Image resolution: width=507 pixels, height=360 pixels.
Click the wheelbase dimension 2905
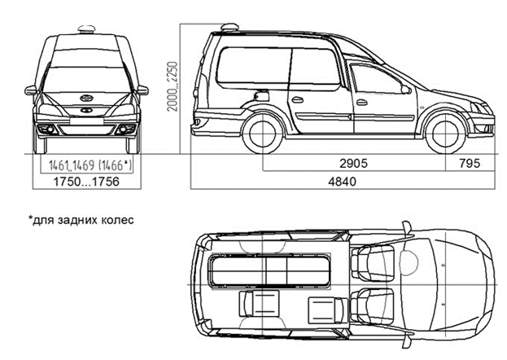pos(353,163)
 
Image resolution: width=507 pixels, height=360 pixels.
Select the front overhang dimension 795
pos(470,163)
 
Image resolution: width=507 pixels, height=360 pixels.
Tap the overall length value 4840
pos(342,182)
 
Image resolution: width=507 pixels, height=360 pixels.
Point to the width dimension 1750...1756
pos(86,182)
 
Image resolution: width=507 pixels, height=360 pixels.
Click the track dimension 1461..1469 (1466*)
pos(90,165)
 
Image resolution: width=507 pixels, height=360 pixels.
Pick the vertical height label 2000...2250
pos(173,86)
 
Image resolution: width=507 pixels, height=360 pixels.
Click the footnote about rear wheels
pos(81,220)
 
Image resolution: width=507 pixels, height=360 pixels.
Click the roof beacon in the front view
pos(86,29)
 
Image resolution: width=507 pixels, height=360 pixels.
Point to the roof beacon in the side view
pos(229,28)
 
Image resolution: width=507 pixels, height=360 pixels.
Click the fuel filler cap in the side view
pos(261,96)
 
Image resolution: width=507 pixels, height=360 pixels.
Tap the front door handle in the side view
pos(362,103)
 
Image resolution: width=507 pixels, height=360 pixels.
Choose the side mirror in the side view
pos(406,89)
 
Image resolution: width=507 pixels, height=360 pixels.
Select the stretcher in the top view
pos(271,270)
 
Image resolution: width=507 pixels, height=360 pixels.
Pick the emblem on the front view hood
pos(86,98)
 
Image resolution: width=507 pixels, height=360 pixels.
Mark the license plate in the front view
pos(86,121)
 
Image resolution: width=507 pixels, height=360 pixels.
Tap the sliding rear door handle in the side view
pos(298,99)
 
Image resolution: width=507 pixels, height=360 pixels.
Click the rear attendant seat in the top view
pos(259,303)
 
